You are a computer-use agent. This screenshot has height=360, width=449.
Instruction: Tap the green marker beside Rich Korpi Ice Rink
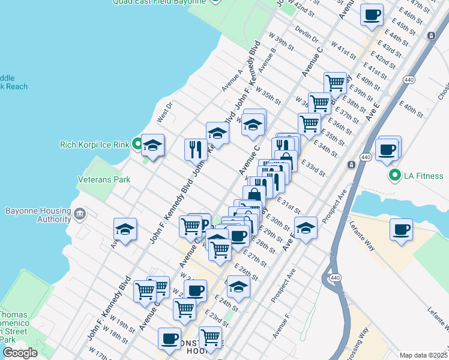(137, 144)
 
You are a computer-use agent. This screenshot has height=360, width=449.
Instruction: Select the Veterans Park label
(104, 179)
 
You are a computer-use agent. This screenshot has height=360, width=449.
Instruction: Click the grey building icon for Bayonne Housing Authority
(80, 213)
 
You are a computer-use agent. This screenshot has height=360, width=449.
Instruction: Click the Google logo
(20, 352)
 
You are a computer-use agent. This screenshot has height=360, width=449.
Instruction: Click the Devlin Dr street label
(307, 35)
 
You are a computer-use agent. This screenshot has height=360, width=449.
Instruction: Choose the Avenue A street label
(232, 80)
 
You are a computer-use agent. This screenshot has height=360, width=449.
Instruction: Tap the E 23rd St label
(216, 319)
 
